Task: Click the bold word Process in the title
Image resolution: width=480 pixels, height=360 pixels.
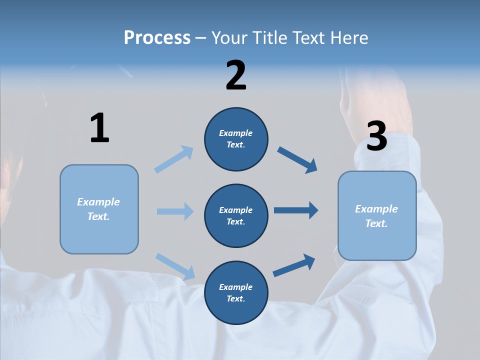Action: (157, 38)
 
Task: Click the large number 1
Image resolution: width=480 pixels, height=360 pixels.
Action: (99, 128)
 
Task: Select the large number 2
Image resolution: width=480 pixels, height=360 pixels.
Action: (236, 76)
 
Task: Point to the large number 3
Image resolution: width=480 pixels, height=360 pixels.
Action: (377, 136)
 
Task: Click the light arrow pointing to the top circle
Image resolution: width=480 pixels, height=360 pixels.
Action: (174, 159)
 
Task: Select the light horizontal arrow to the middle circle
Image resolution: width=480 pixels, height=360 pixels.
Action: (175, 211)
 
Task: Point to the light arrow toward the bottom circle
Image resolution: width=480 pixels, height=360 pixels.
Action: (175, 266)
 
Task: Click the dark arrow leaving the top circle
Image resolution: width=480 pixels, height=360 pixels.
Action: (297, 160)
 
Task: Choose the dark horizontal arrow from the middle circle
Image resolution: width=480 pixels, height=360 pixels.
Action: (296, 210)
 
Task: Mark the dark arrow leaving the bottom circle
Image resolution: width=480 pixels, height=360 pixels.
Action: (294, 265)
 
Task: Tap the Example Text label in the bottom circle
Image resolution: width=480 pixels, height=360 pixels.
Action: (236, 293)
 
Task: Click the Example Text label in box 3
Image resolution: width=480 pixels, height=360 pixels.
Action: (376, 216)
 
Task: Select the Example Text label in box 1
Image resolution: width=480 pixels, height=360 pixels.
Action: (98, 209)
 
